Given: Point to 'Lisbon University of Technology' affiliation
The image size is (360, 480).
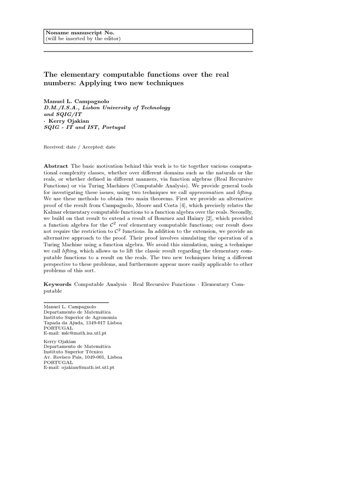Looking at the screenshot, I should click(x=129, y=107).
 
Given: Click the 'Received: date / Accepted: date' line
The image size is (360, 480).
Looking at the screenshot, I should click(x=79, y=147).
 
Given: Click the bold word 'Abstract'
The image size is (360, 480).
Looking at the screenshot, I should click(x=56, y=166).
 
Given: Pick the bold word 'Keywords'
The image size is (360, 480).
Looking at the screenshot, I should click(x=58, y=284).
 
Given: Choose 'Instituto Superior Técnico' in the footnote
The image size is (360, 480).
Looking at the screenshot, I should click(x=73, y=351).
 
